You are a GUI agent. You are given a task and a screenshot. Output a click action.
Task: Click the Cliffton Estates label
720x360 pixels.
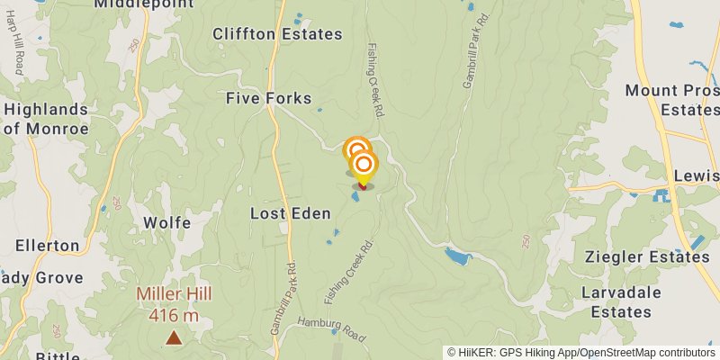277,34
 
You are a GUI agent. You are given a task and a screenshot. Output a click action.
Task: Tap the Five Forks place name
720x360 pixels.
268,98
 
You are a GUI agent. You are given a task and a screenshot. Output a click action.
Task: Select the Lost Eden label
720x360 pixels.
290,213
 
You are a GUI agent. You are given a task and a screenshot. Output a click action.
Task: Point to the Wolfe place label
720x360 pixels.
166,222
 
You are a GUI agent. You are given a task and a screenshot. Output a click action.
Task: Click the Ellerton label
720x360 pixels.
47,245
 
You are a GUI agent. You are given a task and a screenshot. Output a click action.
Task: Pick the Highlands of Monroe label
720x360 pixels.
46,119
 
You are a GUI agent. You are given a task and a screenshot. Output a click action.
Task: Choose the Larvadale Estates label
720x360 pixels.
621,302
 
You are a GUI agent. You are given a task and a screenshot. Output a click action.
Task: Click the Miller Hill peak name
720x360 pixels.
174,294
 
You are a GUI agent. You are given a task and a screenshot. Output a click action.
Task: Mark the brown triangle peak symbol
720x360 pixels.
173,338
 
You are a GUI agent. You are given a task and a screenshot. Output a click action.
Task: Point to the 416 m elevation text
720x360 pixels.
174,315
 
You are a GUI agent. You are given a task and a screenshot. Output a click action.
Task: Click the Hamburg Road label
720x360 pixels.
333,328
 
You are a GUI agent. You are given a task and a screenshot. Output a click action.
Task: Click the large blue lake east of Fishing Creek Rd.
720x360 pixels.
458,257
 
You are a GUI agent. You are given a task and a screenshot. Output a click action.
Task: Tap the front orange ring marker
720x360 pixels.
364,165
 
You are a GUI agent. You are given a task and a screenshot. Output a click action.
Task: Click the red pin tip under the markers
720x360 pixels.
363,186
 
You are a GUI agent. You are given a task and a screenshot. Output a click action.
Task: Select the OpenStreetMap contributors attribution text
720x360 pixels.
645,353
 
